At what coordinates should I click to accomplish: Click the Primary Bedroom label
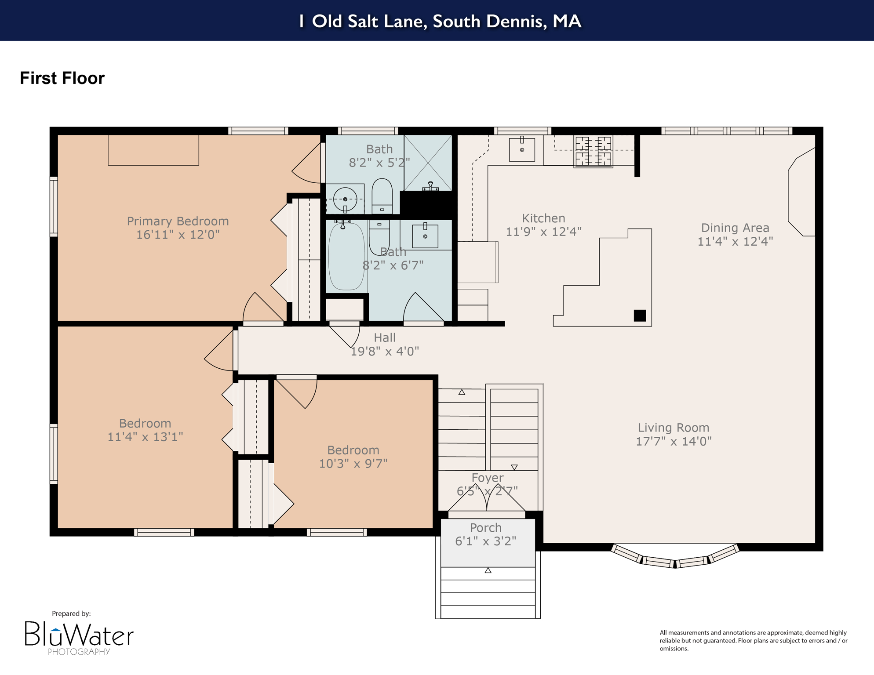pyautogui.click(x=178, y=221)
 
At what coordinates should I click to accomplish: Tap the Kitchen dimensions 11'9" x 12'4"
pyautogui.click(x=543, y=232)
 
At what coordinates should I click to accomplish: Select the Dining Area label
pyautogui.click(x=735, y=228)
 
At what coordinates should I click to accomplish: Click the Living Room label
pyautogui.click(x=673, y=428)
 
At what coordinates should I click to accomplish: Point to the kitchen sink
pyautogui.click(x=522, y=149)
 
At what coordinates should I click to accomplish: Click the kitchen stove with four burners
pyautogui.click(x=593, y=152)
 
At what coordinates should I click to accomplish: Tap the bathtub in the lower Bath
pyautogui.click(x=346, y=256)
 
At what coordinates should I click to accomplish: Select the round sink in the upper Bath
pyautogui.click(x=345, y=200)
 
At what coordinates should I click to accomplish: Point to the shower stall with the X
pyautogui.click(x=428, y=163)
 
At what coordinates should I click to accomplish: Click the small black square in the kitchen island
pyautogui.click(x=640, y=316)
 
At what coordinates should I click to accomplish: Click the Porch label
pyautogui.click(x=485, y=527)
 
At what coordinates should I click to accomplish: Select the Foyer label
pyautogui.click(x=487, y=478)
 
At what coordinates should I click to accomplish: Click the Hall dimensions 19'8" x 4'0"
pyautogui.click(x=384, y=351)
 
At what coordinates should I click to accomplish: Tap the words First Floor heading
pyautogui.click(x=62, y=78)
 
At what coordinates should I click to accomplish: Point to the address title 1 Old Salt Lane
pyautogui.click(x=440, y=21)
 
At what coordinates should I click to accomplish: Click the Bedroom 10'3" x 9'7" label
pyautogui.click(x=353, y=457)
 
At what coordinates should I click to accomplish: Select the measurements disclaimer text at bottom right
pyautogui.click(x=753, y=640)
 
